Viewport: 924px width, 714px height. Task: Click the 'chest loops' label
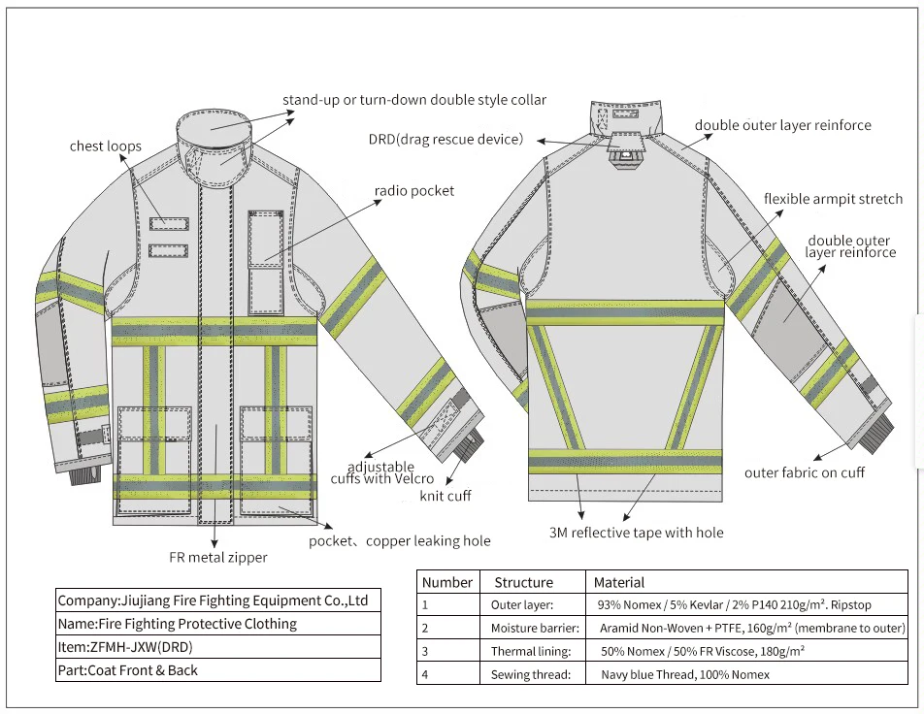(x=106, y=146)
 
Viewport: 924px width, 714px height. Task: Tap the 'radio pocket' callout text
(x=414, y=191)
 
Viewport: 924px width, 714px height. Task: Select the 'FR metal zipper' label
(x=218, y=557)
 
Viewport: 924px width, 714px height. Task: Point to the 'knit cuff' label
(x=445, y=496)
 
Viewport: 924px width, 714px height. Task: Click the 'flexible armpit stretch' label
(x=833, y=199)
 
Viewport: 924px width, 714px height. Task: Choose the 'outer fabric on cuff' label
(x=805, y=472)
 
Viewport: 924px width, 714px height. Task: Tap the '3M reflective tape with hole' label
(x=637, y=532)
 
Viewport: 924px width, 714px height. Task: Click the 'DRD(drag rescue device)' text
(x=446, y=140)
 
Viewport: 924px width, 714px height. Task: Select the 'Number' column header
(x=447, y=582)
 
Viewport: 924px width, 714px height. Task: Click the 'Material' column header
(x=619, y=582)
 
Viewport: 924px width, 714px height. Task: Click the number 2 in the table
(x=425, y=628)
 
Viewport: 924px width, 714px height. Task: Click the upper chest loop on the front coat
(x=168, y=224)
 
